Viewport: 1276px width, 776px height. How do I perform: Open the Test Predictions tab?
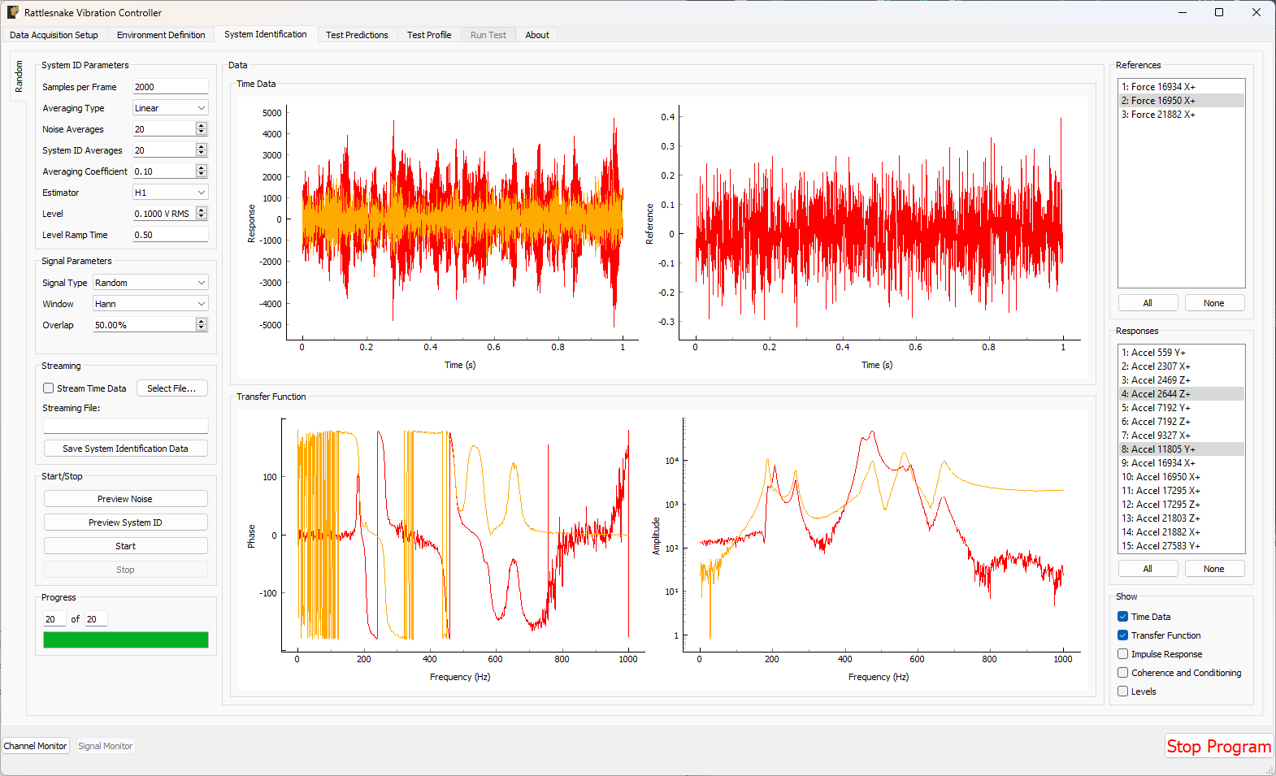point(357,35)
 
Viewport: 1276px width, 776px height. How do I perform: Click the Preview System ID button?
point(125,522)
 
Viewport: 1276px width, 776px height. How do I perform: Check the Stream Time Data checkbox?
point(49,388)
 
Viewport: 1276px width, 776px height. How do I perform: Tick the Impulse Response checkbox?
point(1122,654)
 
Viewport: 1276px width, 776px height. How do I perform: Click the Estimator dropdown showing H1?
point(170,193)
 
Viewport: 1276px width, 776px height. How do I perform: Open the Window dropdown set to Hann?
point(150,304)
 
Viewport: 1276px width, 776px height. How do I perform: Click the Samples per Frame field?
point(170,87)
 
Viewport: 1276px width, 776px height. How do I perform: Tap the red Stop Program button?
point(1218,746)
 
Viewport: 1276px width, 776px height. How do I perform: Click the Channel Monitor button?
point(36,746)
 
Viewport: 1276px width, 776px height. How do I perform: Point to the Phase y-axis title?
point(251,535)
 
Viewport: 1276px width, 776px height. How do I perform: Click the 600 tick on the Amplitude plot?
point(917,659)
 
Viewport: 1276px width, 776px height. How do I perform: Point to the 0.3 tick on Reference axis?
point(667,146)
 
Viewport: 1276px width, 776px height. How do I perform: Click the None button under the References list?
point(1213,303)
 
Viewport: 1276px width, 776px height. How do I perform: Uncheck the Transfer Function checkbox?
point(1122,635)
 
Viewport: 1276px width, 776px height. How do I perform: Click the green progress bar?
point(126,639)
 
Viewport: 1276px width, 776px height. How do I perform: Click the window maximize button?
point(1219,12)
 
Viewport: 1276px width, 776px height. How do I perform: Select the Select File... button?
point(171,388)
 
